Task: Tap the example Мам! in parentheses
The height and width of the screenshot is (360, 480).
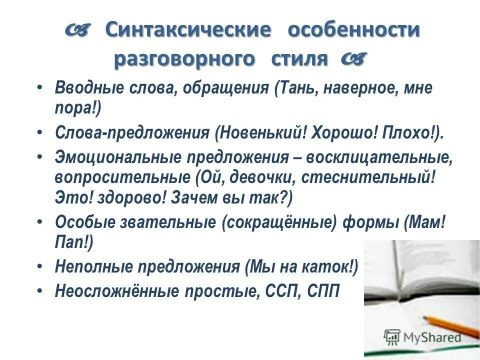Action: pyautogui.click(x=425, y=222)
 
